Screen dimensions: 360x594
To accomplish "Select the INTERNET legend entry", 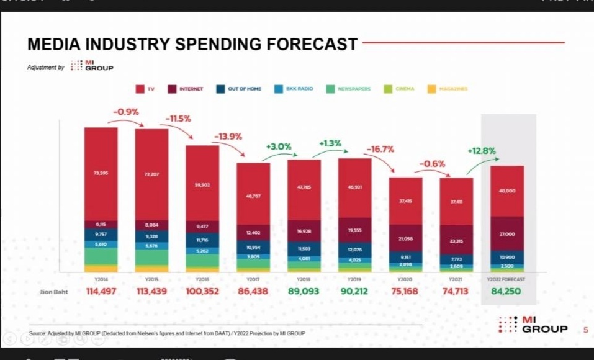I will pyautogui.click(x=186, y=89).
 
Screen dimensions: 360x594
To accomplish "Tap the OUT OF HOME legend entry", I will pyautogui.click(x=238, y=89).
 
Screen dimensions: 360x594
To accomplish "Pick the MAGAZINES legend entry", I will pyautogui.click(x=447, y=89).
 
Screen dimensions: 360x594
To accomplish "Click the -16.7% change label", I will pyautogui.click(x=380, y=150).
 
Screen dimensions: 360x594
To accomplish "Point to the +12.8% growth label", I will pyautogui.click(x=481, y=151).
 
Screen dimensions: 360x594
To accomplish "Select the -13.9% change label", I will pyautogui.click(x=228, y=137).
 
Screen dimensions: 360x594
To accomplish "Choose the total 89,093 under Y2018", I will pyautogui.click(x=304, y=291).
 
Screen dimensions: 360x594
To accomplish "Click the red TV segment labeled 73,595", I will pyautogui.click(x=101, y=173).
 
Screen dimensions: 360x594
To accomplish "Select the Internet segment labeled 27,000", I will pyautogui.click(x=507, y=233).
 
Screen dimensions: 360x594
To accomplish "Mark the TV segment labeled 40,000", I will pyautogui.click(x=507, y=191).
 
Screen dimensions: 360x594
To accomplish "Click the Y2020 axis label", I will pyautogui.click(x=406, y=279).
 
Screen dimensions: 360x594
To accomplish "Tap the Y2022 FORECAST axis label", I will pyautogui.click(x=507, y=279).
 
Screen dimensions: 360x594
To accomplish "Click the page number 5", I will pyautogui.click(x=585, y=330).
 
